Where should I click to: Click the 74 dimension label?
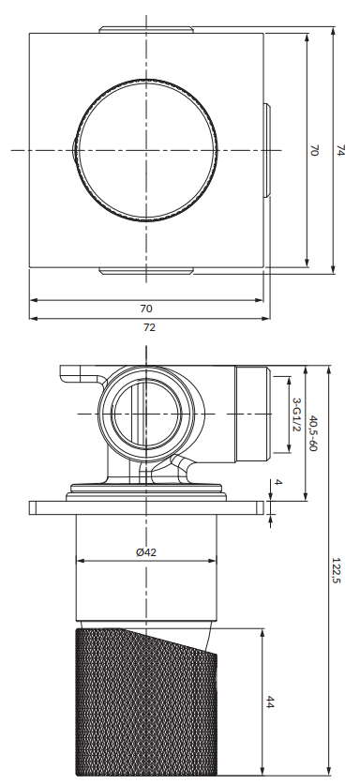tap(340, 150)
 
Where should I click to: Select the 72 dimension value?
tap(149, 327)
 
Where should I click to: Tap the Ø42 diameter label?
tap(146, 552)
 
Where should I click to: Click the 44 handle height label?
tap(269, 701)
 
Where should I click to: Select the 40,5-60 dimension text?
tap(312, 433)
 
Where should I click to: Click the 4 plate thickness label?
tap(278, 483)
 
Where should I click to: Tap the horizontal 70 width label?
tap(146, 309)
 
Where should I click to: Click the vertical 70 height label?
tap(313, 150)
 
